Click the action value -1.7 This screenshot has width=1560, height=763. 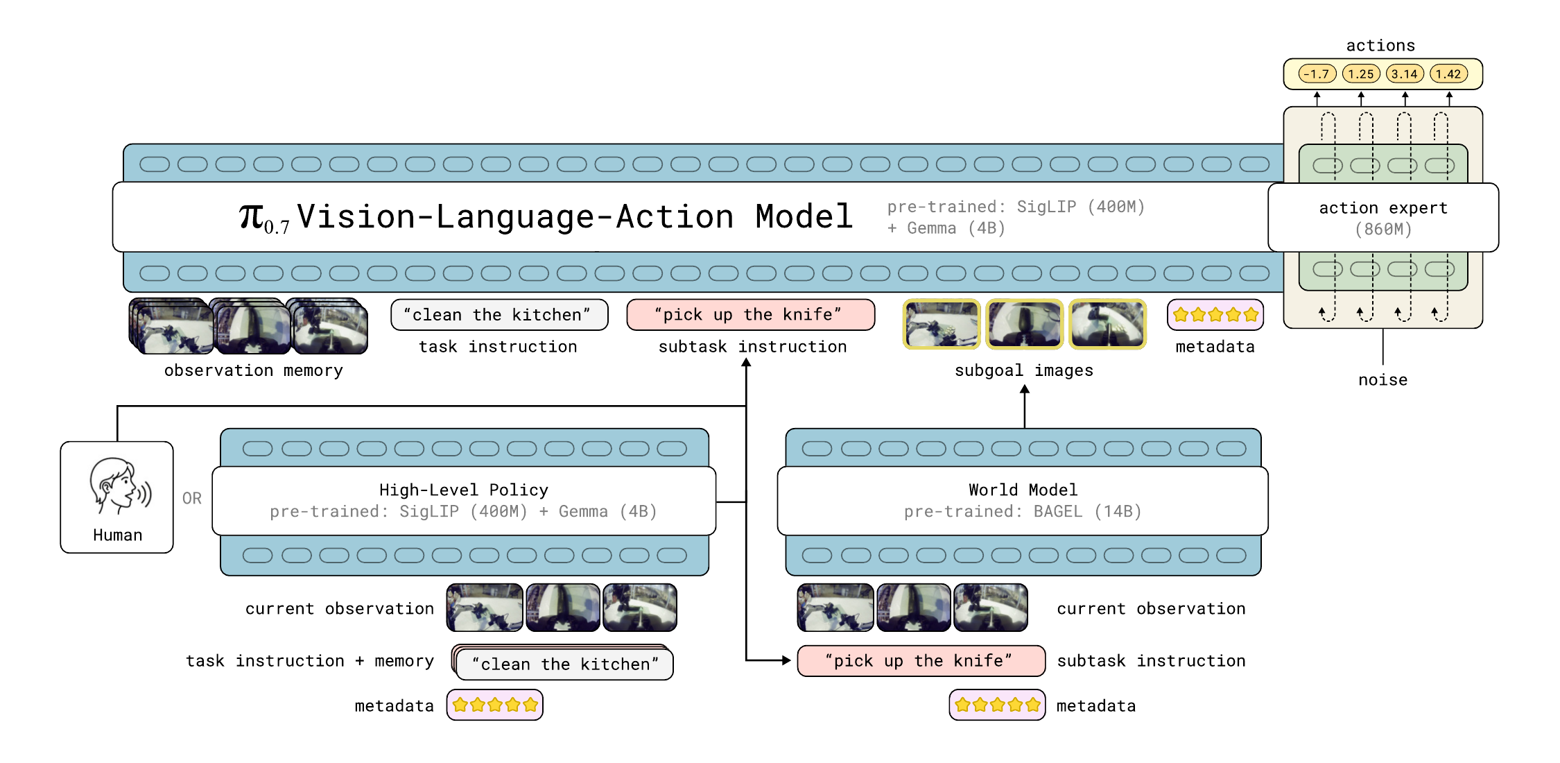click(1317, 74)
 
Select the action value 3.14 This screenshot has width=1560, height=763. click(1405, 74)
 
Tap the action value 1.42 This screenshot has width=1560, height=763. click(1448, 74)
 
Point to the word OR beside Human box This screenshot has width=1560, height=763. click(192, 498)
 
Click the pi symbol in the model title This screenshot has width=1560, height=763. click(252, 216)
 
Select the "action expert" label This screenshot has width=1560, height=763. click(1383, 208)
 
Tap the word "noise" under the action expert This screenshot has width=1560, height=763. click(1383, 380)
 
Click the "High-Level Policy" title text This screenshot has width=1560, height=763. click(464, 490)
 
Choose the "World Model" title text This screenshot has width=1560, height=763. click(1023, 490)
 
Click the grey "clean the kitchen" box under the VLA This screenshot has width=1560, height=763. click(499, 315)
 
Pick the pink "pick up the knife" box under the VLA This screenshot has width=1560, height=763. click(751, 315)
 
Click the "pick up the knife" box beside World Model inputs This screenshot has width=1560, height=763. click(921, 661)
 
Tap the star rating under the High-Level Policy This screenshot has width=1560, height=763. click(495, 705)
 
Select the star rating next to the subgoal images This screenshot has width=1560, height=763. click(1215, 315)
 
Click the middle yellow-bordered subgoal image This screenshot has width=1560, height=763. click(1025, 324)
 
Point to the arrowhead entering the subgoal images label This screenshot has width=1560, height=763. click(1025, 390)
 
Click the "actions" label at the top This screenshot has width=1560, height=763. click(1380, 46)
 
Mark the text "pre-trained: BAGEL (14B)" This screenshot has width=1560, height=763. click(1023, 512)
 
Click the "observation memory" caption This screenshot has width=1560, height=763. click(254, 370)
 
